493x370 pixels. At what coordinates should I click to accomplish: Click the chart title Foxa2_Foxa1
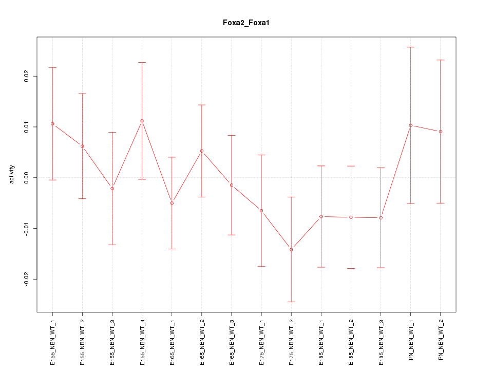[x=246, y=23]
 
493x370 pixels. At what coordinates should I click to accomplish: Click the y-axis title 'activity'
[x=12, y=174]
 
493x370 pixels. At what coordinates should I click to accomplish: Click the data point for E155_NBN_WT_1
[x=52, y=124]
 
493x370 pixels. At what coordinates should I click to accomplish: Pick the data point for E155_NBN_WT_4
[x=142, y=121]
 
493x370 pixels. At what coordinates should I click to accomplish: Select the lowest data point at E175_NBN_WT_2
[x=291, y=249]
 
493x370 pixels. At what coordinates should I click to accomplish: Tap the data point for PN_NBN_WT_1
[x=410, y=125]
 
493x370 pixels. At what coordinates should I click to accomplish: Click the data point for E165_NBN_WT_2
[x=202, y=151]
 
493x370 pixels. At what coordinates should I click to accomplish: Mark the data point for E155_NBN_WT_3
[x=112, y=189]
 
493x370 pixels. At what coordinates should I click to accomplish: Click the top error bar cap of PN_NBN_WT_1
[x=410, y=47]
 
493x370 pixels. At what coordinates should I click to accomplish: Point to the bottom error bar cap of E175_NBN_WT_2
[x=291, y=302]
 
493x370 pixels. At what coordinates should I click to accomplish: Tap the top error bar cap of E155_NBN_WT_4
[x=142, y=62]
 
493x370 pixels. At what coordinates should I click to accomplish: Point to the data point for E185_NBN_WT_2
[x=351, y=217]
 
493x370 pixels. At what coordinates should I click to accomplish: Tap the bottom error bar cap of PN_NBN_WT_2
[x=441, y=203]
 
